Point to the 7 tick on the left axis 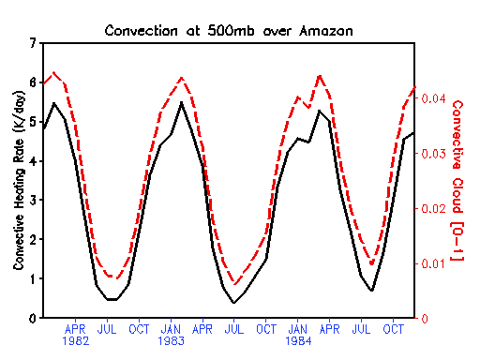click(x=32, y=43)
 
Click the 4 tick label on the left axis click(x=32, y=161)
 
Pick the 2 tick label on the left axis click(x=32, y=240)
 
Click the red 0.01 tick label click(x=435, y=264)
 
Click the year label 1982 click(x=76, y=341)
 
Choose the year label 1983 click(x=172, y=341)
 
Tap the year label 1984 click(x=298, y=341)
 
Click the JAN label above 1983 click(x=172, y=329)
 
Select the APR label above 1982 click(x=76, y=329)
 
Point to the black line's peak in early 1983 click(x=181, y=102)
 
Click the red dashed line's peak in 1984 click(x=320, y=75)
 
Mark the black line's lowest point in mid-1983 click(x=234, y=302)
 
